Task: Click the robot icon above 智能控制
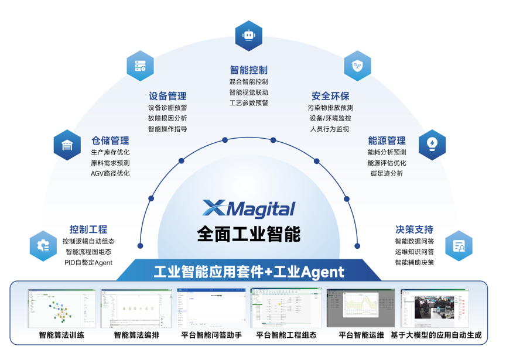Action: [248, 36]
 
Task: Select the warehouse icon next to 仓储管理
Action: [67, 145]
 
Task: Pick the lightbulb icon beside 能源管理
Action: [432, 144]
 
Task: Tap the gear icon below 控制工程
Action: [43, 246]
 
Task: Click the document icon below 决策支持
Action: [459, 246]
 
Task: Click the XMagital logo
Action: [248, 208]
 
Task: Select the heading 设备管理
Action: [167, 96]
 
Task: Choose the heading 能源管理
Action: [387, 140]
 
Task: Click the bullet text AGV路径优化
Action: [110, 173]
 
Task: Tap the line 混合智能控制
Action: [248, 82]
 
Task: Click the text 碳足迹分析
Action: [387, 173]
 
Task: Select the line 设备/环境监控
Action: [330, 118]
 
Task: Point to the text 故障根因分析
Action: [167, 118]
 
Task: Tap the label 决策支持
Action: [414, 229]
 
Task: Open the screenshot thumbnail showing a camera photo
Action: [435, 308]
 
